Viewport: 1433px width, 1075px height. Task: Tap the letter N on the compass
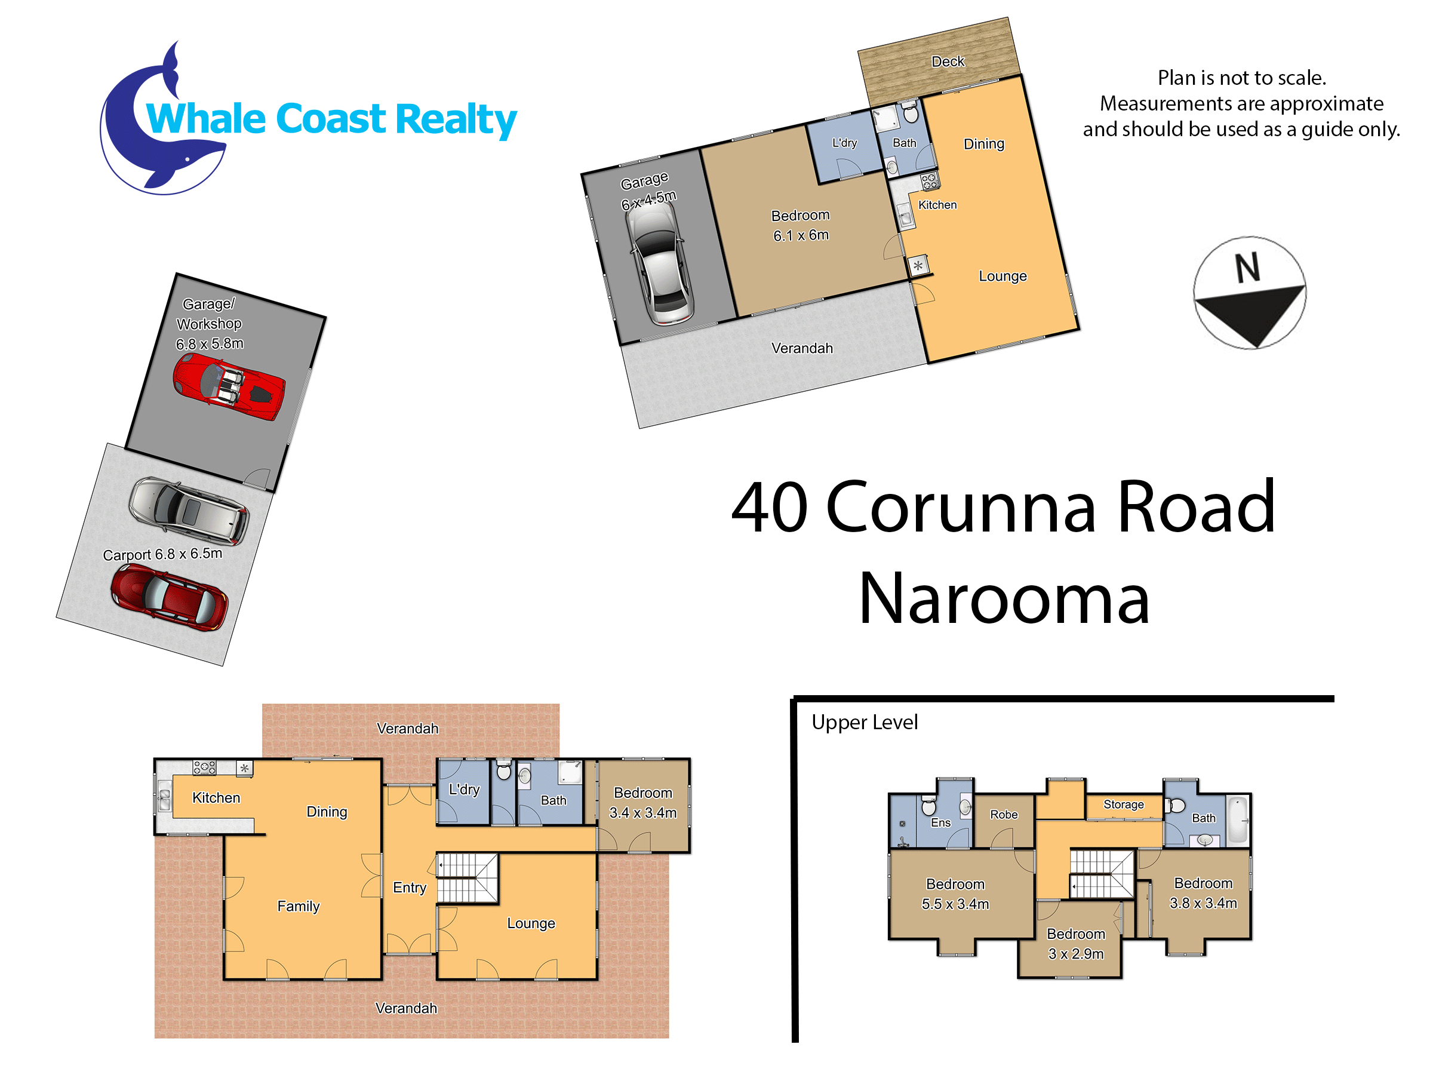point(1247,268)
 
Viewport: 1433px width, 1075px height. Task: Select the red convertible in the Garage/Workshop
point(229,390)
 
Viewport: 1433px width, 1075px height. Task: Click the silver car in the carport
point(189,510)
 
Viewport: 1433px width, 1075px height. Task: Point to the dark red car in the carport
point(169,597)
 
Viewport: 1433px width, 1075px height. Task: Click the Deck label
point(948,62)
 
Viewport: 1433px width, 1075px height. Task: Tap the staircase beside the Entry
point(467,878)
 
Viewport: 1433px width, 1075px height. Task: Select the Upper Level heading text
point(864,723)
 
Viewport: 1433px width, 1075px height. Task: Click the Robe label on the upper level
point(1004,815)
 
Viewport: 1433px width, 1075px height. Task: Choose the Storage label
point(1123,804)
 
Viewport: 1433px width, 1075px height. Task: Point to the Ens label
point(940,823)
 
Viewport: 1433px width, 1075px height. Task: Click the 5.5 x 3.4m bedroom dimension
point(955,904)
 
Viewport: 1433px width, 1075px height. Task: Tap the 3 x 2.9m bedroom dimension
point(1075,954)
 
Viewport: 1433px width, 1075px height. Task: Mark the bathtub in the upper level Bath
point(1237,820)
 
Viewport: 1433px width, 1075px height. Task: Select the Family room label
point(298,907)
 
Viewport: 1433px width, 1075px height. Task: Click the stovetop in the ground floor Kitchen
point(204,767)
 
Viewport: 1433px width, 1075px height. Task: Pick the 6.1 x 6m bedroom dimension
point(801,235)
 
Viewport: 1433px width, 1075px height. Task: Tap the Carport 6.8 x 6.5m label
point(162,555)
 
